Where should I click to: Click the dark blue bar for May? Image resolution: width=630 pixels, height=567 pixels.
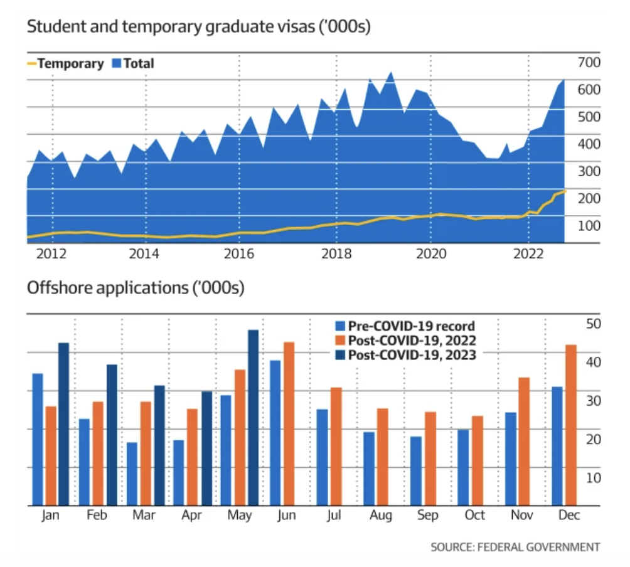(254, 418)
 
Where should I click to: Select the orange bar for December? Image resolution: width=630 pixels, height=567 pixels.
(571, 425)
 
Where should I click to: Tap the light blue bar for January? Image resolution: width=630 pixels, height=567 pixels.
(38, 439)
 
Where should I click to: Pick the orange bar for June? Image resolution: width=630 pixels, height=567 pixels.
(289, 423)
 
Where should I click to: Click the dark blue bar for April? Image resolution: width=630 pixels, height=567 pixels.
(206, 448)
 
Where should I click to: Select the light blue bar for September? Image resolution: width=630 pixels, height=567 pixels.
(416, 470)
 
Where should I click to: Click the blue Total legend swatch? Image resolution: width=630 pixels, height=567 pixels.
(115, 63)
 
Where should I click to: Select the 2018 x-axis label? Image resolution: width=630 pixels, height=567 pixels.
(336, 253)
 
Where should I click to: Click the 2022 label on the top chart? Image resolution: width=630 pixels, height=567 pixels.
(528, 253)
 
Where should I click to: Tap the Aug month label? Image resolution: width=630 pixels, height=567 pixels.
(381, 516)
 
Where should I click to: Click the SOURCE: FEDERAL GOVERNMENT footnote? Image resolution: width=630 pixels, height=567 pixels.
(515, 547)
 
